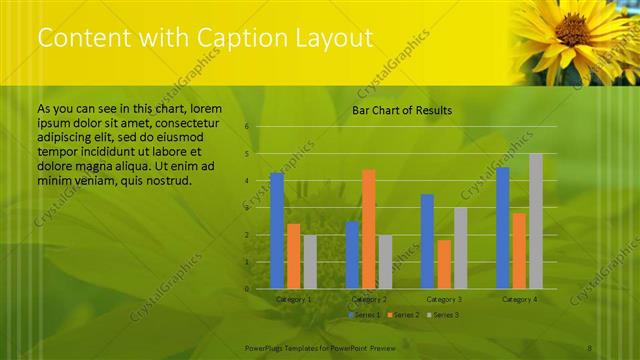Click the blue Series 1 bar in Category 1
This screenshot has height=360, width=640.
(x=277, y=231)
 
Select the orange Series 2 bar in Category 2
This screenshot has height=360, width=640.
(x=368, y=229)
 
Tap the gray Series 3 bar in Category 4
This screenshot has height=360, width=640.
(x=535, y=221)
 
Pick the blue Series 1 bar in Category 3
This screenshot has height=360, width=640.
(x=427, y=241)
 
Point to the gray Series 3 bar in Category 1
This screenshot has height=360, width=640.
(x=310, y=262)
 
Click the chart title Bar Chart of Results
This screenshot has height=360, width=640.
(x=401, y=110)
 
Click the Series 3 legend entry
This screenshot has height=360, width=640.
(x=441, y=314)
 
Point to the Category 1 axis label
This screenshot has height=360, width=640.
(x=293, y=299)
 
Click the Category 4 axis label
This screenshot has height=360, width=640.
(x=519, y=299)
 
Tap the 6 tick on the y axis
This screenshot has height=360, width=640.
(x=247, y=127)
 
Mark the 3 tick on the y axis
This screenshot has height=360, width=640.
(x=247, y=208)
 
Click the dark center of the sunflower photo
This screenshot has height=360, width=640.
(x=573, y=28)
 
